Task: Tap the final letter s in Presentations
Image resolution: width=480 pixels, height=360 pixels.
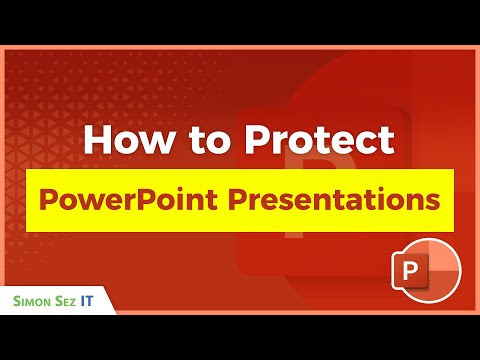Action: click(x=432, y=199)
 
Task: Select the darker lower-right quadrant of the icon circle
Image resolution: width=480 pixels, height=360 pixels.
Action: click(x=445, y=289)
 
